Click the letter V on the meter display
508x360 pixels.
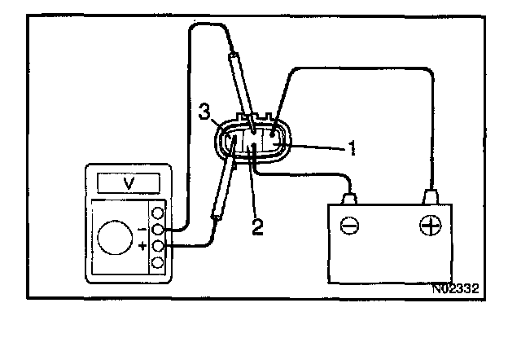pos(129,182)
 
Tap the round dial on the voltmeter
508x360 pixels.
pos(114,239)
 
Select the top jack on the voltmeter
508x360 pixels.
pos(159,213)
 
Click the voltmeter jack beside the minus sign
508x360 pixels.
pos(159,230)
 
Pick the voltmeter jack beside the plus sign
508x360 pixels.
pos(159,246)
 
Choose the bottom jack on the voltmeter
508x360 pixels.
pos(159,262)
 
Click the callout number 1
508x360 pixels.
pos(352,148)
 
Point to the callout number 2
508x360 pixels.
pos(256,226)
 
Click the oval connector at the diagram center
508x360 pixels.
pos(252,142)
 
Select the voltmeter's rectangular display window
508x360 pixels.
pos(129,182)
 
